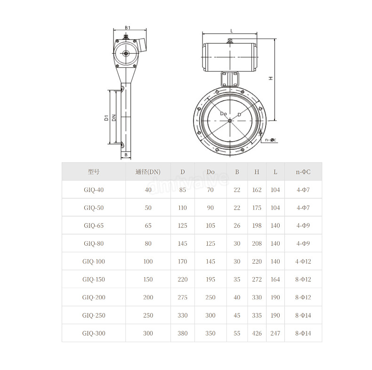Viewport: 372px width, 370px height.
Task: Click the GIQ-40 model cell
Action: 94,190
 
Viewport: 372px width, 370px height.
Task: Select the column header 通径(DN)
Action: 148,172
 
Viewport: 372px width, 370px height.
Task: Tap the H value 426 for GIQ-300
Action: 257,333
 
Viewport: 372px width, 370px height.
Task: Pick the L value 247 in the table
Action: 275,333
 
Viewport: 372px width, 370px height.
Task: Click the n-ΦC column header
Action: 303,172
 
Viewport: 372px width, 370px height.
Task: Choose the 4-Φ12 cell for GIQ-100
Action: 303,261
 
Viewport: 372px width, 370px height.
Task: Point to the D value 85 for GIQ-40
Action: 182,190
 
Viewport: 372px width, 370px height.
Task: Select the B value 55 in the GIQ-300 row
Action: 237,333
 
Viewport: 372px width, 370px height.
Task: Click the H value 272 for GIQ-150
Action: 257,280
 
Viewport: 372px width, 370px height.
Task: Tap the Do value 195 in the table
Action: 210,280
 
